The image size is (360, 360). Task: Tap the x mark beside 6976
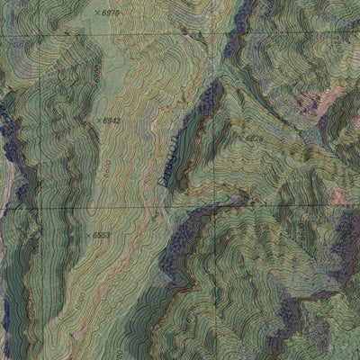tap(96, 13)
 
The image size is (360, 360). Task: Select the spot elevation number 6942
tap(111, 119)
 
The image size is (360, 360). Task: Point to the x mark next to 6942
tap(98, 119)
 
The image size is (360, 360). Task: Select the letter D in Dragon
tap(163, 180)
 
